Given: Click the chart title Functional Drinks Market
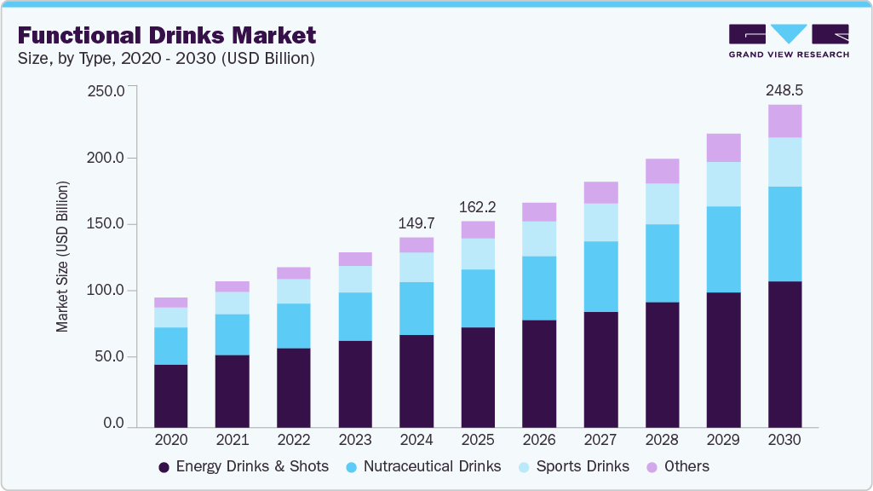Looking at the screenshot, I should (x=166, y=36).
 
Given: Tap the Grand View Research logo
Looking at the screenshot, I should (x=788, y=41).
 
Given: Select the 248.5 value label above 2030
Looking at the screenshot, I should (x=784, y=90).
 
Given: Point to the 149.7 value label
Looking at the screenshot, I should (x=416, y=223).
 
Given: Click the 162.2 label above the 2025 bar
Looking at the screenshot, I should (x=478, y=207).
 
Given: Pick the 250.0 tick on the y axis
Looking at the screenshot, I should (x=106, y=91).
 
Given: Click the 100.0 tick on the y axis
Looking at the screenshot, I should (x=106, y=291).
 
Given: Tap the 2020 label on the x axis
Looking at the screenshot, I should (x=170, y=440).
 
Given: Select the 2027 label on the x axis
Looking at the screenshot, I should (x=600, y=440).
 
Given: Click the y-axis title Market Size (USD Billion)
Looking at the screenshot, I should (x=62, y=257).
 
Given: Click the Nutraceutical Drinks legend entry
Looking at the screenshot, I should (x=423, y=466).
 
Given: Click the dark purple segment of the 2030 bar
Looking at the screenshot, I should (x=784, y=354).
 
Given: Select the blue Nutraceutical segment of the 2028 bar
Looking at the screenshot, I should (x=662, y=263).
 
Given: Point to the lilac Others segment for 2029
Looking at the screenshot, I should (x=723, y=147).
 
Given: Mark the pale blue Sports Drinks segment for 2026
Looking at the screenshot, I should (x=539, y=239).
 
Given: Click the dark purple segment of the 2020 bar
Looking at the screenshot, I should (x=170, y=396).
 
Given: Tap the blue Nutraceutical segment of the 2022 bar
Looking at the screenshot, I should (x=294, y=326).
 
